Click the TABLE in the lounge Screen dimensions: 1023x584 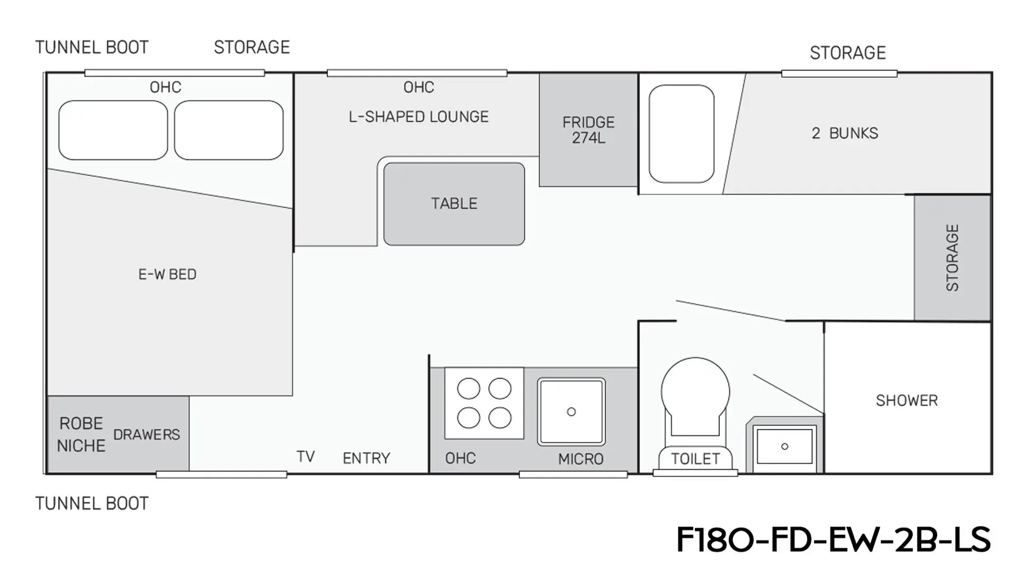coord(454,204)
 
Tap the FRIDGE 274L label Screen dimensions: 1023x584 coord(588,130)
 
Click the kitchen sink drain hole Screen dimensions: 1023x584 coord(571,412)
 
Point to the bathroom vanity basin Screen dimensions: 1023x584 coord(784,446)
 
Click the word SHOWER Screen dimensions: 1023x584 coord(907,400)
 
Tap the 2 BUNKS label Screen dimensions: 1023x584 coord(845,133)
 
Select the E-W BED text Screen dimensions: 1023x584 coord(167,274)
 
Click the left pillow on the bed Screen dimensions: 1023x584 coord(113,130)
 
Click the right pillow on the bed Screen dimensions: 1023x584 coord(229,130)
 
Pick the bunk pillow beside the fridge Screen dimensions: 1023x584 coord(681,134)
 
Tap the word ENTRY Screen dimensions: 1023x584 coord(367,458)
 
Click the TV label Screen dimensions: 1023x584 coord(305,457)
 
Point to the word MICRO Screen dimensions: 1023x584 coord(581,459)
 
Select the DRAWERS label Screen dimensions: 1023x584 coord(147,435)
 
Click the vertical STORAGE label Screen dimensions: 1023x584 coord(952,258)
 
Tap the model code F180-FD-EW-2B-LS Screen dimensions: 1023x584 coord(833,540)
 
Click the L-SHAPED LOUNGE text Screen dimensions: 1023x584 coord(419,117)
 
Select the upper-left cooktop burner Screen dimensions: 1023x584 coord(468,389)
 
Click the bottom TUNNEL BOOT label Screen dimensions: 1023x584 coord(92,504)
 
